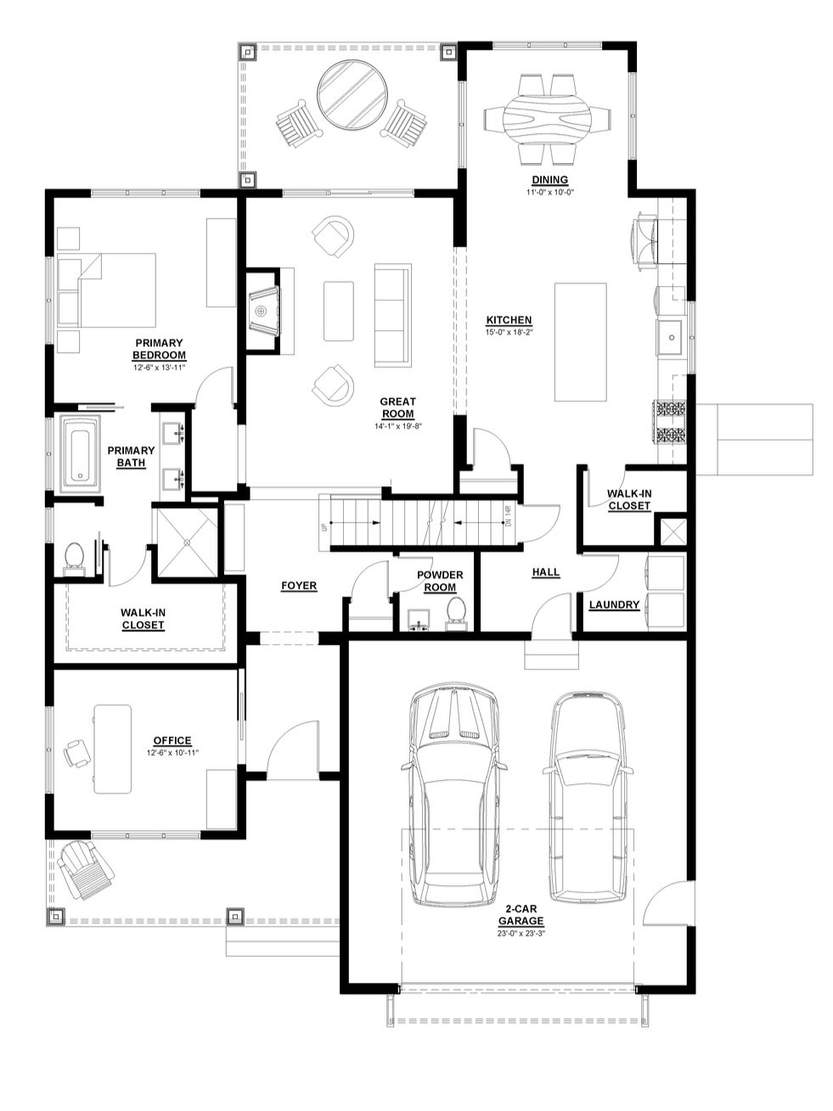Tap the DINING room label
[549, 180]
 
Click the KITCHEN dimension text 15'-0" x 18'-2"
[509, 332]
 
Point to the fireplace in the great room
[263, 311]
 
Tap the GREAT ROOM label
[397, 407]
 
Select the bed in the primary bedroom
[106, 289]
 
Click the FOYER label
[299, 586]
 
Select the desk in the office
[112, 748]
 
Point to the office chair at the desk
[77, 752]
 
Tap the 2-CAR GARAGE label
[521, 915]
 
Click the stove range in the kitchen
[668, 421]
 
